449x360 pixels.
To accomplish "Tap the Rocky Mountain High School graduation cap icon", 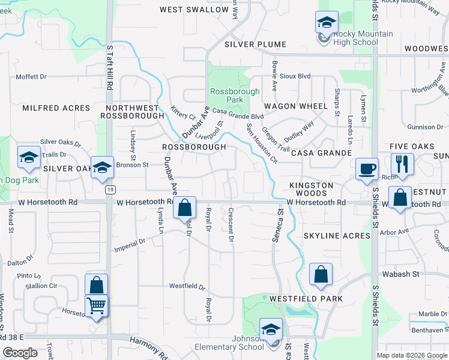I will [x=327, y=23].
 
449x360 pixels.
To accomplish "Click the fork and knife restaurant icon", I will [x=402, y=163].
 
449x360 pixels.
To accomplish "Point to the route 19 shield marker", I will [x=109, y=190].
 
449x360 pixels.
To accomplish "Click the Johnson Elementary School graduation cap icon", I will [x=271, y=329].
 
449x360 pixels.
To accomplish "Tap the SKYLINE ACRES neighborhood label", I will [x=337, y=236].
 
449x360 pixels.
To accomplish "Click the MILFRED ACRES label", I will [x=56, y=108].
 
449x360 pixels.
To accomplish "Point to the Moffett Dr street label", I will [x=31, y=77].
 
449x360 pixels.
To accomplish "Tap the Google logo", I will [x=20, y=352].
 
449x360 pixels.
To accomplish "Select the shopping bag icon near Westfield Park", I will [x=321, y=274].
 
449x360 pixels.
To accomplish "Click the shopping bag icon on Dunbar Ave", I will [x=185, y=208].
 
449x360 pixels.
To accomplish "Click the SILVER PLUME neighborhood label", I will [x=255, y=44].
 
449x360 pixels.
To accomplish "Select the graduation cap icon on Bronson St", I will [x=102, y=167].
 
